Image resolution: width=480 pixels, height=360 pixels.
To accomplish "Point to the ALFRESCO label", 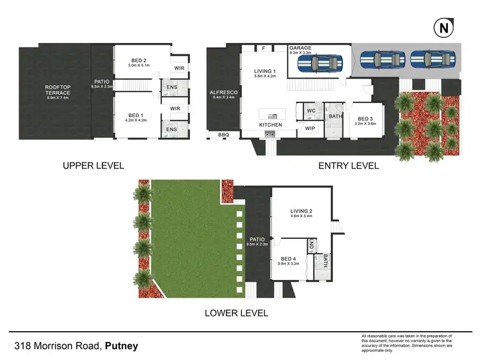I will point(224,94).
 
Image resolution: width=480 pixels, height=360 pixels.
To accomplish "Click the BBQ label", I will point(223,135).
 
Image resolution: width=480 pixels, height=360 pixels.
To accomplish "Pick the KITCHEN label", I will point(270,124).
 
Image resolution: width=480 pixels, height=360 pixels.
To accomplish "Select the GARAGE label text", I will point(300,48).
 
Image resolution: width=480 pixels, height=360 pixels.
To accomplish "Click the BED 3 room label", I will point(365,119).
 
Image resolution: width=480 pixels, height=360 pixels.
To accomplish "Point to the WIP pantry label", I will point(310,128).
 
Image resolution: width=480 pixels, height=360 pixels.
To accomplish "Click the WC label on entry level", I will point(312,110).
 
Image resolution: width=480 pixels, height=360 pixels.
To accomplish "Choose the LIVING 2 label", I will point(301,211).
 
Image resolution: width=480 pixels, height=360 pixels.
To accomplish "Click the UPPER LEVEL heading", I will point(93,165).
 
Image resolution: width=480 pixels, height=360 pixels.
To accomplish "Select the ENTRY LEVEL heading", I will point(349,165).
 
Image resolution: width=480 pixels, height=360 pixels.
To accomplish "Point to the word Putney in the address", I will point(122,347).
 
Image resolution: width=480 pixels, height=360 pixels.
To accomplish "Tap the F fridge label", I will point(263,47).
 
